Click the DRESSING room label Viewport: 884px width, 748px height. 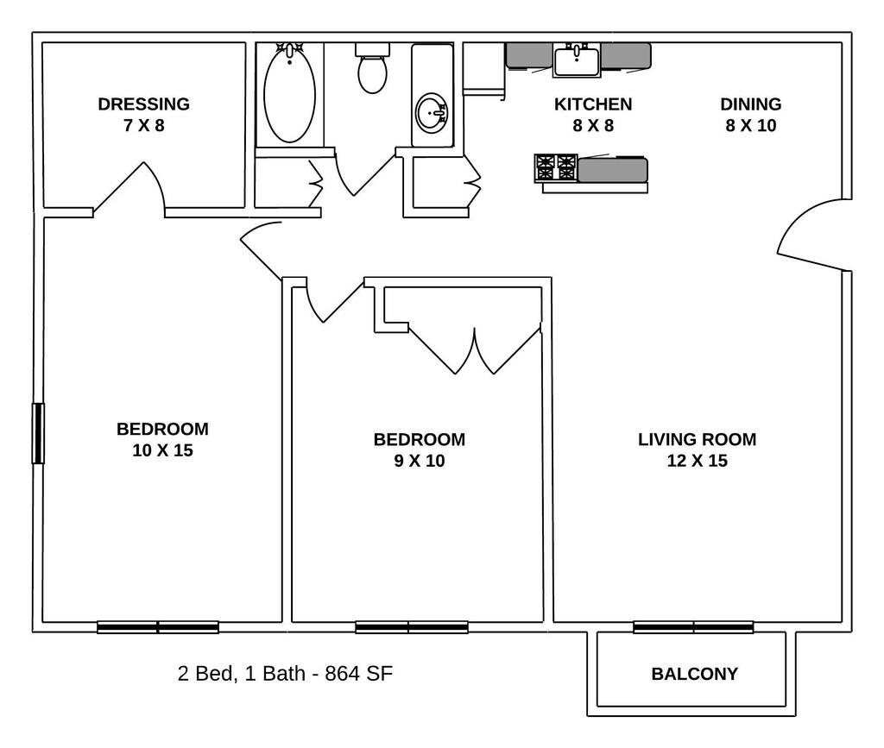click(x=143, y=104)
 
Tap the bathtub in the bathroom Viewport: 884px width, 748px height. click(x=289, y=95)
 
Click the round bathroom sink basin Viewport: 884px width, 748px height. click(x=432, y=112)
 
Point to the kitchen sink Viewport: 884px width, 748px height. click(x=577, y=60)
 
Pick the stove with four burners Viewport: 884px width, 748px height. click(x=556, y=167)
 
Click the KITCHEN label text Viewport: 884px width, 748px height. click(x=592, y=104)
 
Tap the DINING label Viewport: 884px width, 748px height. click(x=750, y=104)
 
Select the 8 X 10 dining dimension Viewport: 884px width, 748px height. click(x=750, y=126)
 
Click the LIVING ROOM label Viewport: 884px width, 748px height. click(x=697, y=439)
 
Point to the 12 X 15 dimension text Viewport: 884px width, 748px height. click(x=697, y=461)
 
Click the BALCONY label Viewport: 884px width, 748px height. click(x=694, y=674)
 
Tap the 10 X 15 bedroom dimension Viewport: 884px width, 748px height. click(x=162, y=450)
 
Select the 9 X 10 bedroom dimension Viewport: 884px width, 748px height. click(x=419, y=461)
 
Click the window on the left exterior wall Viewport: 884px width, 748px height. click(x=38, y=433)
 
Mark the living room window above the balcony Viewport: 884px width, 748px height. click(x=693, y=627)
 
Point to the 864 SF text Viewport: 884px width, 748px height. click(x=358, y=673)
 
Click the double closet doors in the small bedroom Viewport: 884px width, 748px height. click(x=474, y=349)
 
